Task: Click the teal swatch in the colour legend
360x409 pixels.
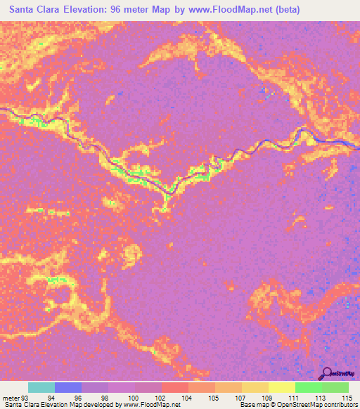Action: [41, 387]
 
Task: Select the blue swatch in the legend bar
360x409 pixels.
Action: [68, 387]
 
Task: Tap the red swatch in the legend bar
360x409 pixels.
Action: [175, 387]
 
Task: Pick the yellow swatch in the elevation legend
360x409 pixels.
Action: [281, 387]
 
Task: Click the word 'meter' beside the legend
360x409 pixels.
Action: [12, 397]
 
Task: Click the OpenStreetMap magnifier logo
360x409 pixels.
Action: [328, 373]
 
